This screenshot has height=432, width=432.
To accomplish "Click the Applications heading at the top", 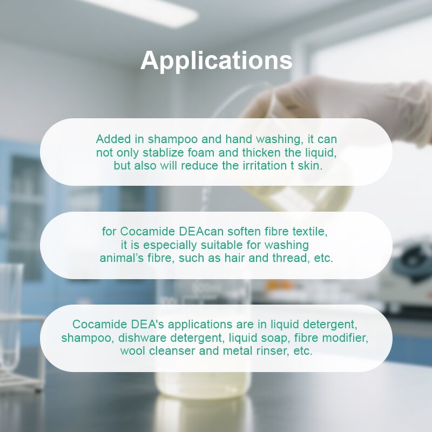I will click(216, 60).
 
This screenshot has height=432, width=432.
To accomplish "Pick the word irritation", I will click(261, 166).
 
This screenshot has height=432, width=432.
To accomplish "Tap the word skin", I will click(310, 166).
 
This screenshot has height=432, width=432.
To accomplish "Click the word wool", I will click(132, 351).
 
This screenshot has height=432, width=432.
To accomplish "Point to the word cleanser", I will click(170, 351).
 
